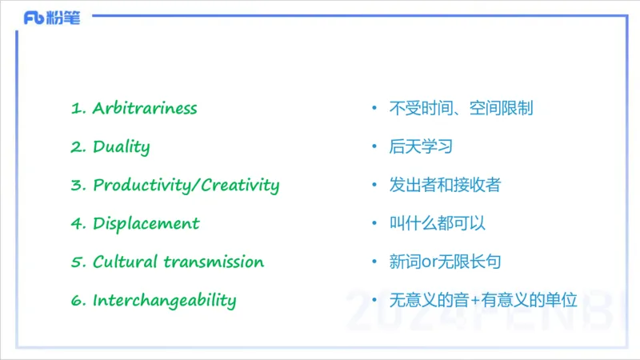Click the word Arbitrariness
pos(145,108)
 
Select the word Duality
pos(122,146)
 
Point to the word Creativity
pos(240,185)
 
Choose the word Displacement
pos(146,223)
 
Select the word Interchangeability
pos(164,301)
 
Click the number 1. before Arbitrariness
pos(78,108)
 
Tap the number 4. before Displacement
pos(78,223)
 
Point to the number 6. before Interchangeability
pos(78,301)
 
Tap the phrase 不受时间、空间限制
pos(461,108)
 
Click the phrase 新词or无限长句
pos(445,262)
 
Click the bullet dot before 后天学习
pos(374,147)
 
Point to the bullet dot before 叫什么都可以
pos(374,223)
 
